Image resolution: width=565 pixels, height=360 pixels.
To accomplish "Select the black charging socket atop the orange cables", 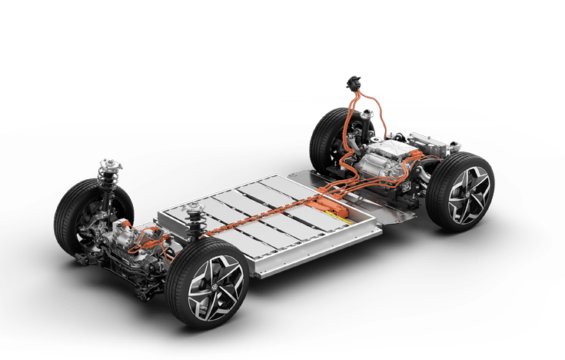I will [x=354, y=82].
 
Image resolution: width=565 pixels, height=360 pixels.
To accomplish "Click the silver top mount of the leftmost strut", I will [x=108, y=165].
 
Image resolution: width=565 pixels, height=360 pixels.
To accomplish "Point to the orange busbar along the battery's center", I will [x=261, y=219].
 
